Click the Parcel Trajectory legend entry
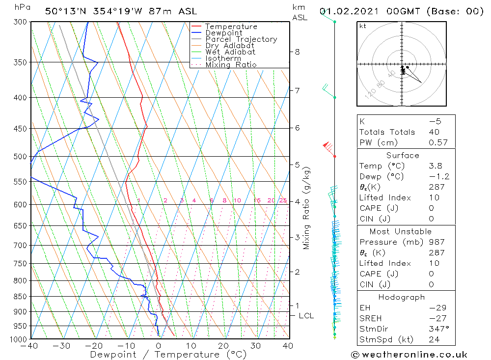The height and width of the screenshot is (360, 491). pos(241,39)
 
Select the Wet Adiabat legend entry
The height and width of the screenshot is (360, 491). pos(230,52)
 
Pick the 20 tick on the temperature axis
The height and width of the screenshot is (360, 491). pos(223,346)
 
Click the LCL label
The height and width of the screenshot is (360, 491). pos(306,316)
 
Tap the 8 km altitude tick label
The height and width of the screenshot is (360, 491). pos(297,52)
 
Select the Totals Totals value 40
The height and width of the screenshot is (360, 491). pos(434,132)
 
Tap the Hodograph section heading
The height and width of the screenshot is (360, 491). pos(402,297)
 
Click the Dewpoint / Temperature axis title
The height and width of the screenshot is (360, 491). pos(160,355)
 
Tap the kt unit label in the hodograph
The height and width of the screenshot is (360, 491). pos(363,26)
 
